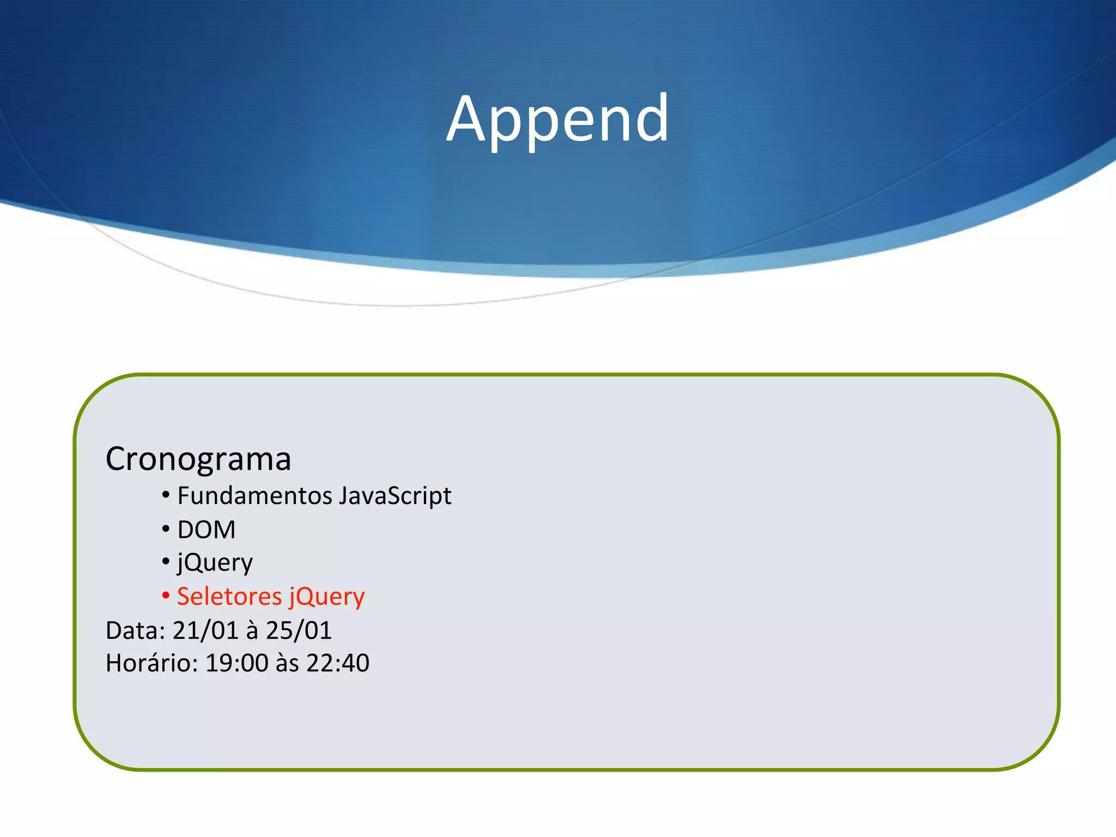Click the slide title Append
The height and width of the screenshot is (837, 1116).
coord(557,119)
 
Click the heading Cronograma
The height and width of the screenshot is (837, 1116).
coord(198,459)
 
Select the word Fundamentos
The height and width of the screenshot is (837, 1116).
coord(255,496)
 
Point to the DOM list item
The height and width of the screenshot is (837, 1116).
coord(207,530)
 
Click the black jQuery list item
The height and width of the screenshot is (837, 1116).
coord(215,563)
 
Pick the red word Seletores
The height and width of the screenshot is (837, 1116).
coord(229,596)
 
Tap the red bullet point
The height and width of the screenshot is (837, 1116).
coord(166,596)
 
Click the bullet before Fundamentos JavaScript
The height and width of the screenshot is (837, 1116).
coord(166,495)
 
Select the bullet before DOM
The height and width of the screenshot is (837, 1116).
coord(166,529)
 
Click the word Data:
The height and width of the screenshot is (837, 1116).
coord(135,630)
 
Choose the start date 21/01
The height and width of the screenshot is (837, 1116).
coord(205,630)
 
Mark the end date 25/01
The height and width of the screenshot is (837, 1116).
coord(299,630)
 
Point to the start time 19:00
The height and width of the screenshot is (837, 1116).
coord(237,663)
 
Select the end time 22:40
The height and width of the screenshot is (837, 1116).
coord(338,663)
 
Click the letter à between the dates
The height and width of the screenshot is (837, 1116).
coord(252,630)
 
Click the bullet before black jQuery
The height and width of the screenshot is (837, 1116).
coord(166,562)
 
